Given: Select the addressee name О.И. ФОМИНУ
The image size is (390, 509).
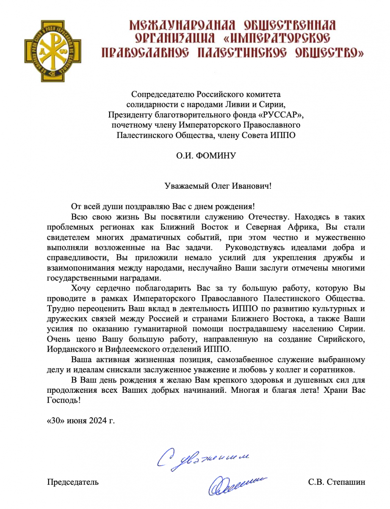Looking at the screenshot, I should (206, 156).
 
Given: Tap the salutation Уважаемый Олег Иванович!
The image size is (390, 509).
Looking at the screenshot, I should (218, 185).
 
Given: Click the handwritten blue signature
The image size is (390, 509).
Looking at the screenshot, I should (238, 483).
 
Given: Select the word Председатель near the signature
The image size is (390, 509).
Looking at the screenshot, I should (73, 482).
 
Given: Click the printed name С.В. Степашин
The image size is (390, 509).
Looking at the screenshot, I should (337, 482).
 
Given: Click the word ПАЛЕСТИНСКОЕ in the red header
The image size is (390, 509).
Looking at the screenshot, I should (242, 53).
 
